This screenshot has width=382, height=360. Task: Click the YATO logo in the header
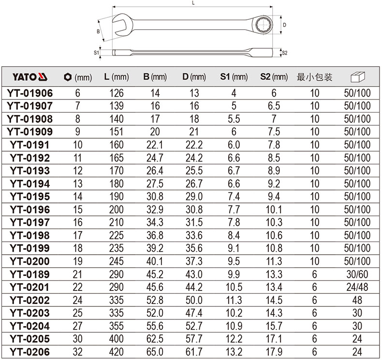pyautogui.click(x=29, y=77)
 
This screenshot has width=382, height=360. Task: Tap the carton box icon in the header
pyautogui.click(x=358, y=77)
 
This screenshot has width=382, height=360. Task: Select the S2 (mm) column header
pyautogui.click(x=274, y=77)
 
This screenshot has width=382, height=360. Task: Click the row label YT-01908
pyautogui.click(x=29, y=119)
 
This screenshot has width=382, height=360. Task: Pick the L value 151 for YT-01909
pyautogui.click(x=116, y=132)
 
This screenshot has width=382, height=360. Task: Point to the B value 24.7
pyautogui.click(x=155, y=158)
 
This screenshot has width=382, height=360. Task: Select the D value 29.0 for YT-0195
pyautogui.click(x=194, y=197)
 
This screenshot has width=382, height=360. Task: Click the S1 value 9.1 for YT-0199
pyautogui.click(x=234, y=248)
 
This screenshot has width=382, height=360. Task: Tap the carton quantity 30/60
pyautogui.click(x=357, y=274)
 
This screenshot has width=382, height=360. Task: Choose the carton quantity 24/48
pyautogui.click(x=357, y=287)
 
